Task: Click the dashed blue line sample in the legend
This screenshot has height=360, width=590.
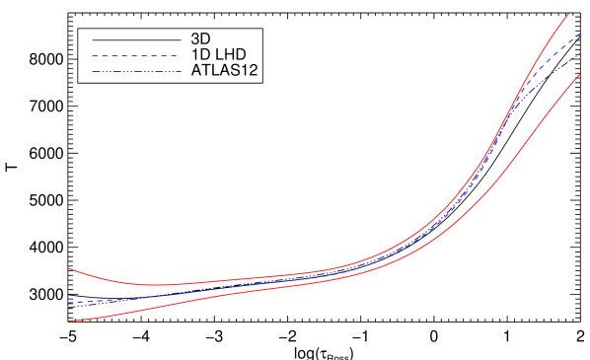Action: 135,56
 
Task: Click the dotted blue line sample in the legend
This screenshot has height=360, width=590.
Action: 135,71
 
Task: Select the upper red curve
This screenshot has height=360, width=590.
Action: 296,274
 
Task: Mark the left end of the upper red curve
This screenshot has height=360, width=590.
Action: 69,268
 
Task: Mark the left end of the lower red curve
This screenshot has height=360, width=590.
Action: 69,321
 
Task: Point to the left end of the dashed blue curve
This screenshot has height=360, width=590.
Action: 69,303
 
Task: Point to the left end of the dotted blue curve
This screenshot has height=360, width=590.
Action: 69,307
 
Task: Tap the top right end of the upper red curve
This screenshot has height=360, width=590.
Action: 569,13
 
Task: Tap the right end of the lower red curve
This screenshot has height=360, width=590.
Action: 579,74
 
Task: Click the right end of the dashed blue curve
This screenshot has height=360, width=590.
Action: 579,34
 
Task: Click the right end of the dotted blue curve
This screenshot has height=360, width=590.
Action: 579,53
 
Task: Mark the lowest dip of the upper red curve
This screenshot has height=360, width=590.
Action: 158,285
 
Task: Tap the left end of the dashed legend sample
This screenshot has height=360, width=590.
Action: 92,56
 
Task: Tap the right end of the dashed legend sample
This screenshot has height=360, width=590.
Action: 179,56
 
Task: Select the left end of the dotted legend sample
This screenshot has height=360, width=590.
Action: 92,71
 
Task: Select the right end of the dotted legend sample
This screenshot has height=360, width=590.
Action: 180,71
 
